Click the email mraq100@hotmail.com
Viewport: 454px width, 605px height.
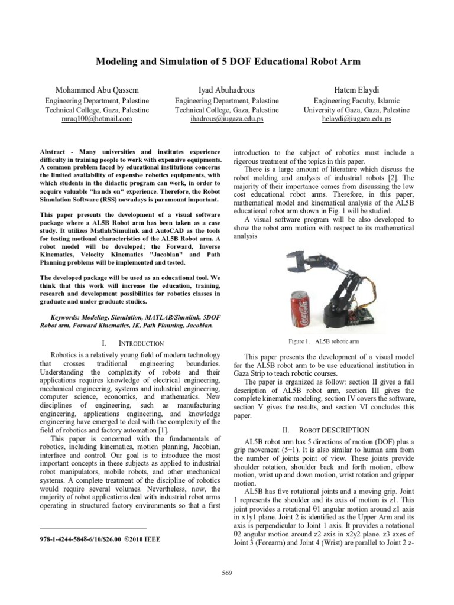89,119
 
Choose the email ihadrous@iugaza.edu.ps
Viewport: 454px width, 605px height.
227,119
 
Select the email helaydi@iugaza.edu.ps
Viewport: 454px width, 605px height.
356,119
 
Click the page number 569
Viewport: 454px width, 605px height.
226,573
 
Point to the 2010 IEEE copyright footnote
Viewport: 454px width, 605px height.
99,539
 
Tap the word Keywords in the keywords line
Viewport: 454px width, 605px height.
66,317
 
